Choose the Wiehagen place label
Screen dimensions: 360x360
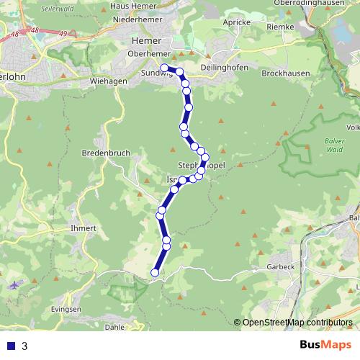(x=109, y=81)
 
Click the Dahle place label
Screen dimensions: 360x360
(x=114, y=326)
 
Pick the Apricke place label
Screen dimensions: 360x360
(x=238, y=23)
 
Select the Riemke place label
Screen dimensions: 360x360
(x=282, y=27)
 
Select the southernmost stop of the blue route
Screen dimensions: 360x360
(x=155, y=272)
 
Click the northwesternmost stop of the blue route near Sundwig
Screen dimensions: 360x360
(x=165, y=68)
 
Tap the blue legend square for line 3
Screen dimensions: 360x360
(x=10, y=346)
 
